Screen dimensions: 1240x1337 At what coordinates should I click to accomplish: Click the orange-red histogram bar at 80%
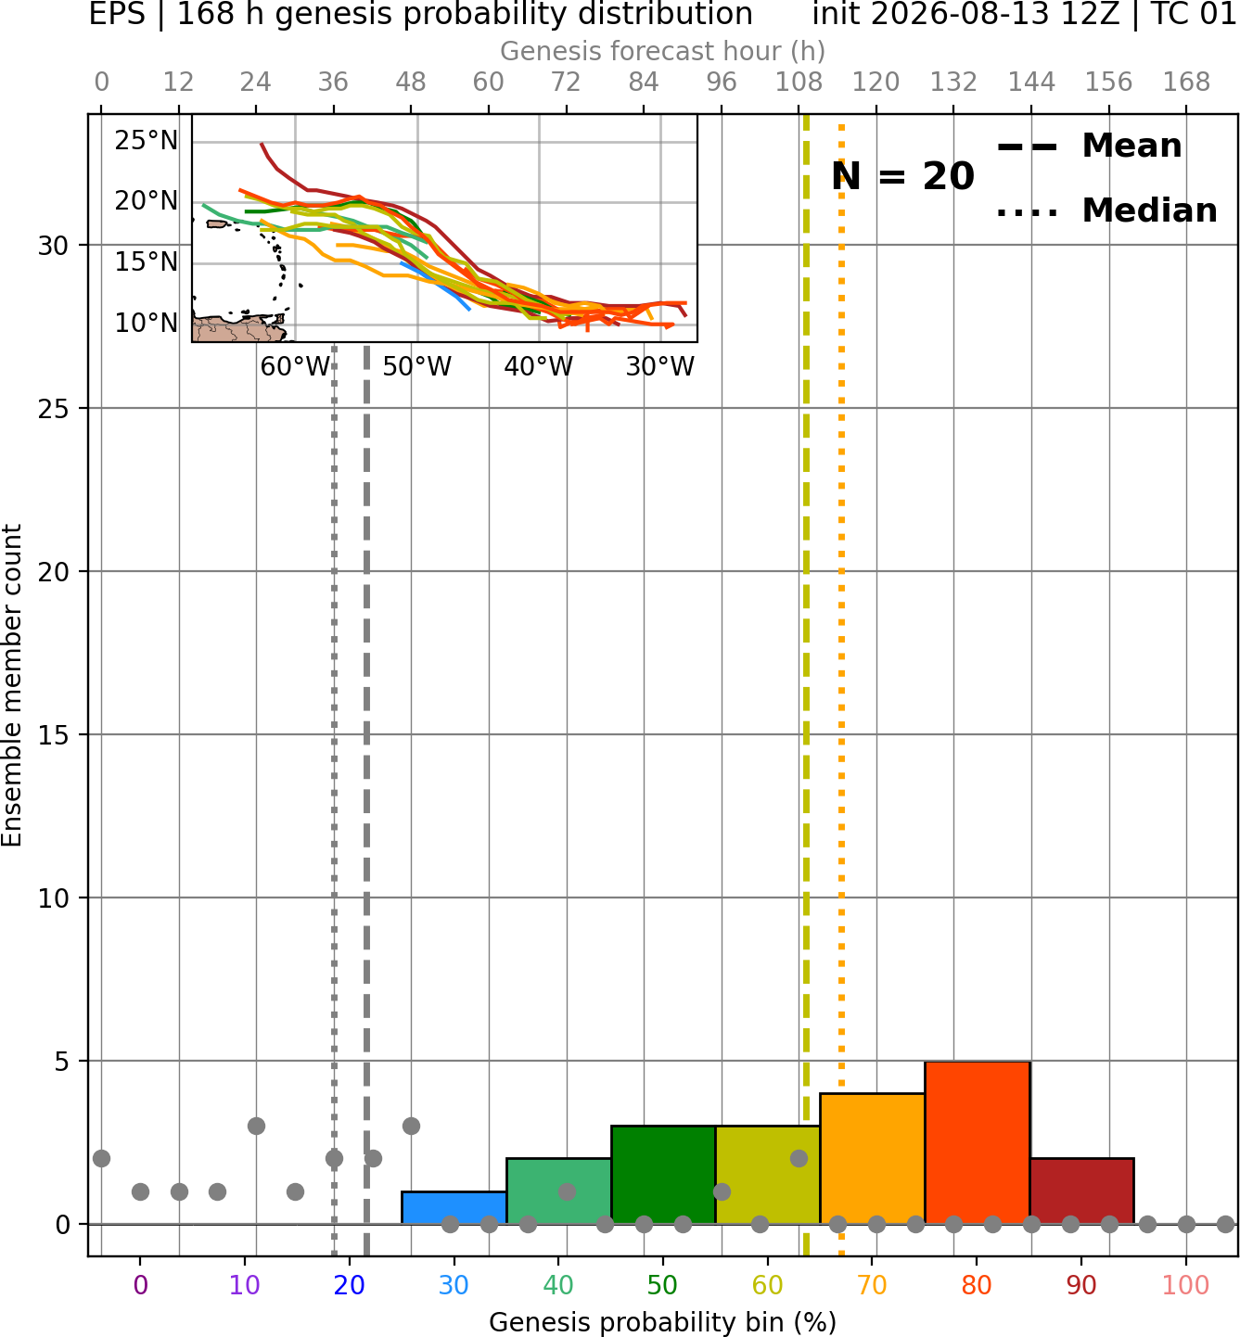[978, 1142]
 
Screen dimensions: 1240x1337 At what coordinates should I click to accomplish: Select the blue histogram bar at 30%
[454, 1208]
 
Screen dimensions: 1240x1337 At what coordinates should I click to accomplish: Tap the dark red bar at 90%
[1081, 1191]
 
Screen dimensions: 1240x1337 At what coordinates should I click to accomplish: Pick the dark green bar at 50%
[663, 1175]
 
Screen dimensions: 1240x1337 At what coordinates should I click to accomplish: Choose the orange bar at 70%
[873, 1159]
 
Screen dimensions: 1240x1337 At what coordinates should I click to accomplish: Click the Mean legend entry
[1089, 146]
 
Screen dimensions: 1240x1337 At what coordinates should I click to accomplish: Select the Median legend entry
[1106, 210]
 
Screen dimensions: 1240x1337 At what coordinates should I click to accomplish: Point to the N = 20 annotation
[902, 176]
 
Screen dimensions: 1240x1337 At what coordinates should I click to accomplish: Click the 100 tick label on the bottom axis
[1186, 1286]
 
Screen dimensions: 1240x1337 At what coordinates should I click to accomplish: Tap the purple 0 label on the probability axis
[140, 1286]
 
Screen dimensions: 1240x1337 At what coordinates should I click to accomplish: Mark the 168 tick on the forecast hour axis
[1186, 83]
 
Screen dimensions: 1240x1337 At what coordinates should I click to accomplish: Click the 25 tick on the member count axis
[54, 409]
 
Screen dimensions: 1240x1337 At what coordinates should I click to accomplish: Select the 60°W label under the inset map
[295, 367]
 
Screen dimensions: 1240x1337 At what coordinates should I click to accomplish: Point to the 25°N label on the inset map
[147, 141]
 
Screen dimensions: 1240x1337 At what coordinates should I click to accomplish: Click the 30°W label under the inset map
[660, 367]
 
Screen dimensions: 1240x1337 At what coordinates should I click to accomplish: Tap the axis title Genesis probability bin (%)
[663, 1322]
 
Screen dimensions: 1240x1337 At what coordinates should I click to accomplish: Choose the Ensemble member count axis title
[12, 685]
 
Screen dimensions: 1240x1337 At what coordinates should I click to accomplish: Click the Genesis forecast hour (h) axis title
[663, 51]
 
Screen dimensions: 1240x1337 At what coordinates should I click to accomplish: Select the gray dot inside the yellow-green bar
[799, 1159]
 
